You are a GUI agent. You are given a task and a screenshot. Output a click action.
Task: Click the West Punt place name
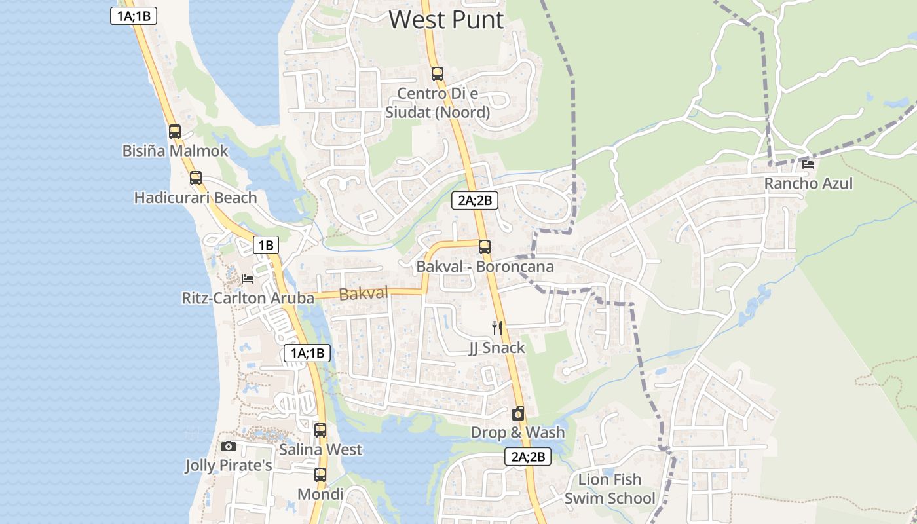[x=446, y=20]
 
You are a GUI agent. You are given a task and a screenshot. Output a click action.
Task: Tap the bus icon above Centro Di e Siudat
[x=437, y=74]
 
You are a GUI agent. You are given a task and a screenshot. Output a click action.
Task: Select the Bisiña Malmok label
[x=175, y=151]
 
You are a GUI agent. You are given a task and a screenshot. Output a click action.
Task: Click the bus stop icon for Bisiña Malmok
[x=174, y=131]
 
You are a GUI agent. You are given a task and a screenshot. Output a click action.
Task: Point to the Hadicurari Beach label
[x=195, y=197]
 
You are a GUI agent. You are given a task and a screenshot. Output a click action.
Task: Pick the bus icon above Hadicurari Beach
[x=195, y=178]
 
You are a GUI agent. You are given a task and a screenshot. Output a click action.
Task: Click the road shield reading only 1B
[x=266, y=245]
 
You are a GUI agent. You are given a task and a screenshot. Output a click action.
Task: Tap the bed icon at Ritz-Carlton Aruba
[x=248, y=279]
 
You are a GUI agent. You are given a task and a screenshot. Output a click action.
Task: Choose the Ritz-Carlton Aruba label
[x=248, y=298]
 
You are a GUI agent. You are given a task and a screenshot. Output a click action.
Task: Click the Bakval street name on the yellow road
[x=364, y=293]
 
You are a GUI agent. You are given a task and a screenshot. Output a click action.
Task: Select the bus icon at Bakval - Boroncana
[x=484, y=247]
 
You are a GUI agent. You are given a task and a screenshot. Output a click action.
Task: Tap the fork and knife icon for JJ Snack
[x=497, y=327]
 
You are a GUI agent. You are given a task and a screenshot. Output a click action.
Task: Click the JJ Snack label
[x=496, y=347]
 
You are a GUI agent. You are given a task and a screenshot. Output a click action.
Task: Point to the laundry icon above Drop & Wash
[x=517, y=413]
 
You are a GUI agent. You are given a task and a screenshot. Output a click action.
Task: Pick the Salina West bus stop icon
[x=320, y=430]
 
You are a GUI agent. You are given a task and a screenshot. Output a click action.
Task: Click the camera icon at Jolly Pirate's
[x=228, y=446]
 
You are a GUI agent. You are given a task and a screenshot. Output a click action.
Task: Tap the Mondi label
[x=320, y=494]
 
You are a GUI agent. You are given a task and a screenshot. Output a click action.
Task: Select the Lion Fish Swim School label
[x=610, y=489]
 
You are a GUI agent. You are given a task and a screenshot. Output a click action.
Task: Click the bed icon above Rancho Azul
[x=808, y=164]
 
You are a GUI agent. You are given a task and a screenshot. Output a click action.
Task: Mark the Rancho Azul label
[x=808, y=183]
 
